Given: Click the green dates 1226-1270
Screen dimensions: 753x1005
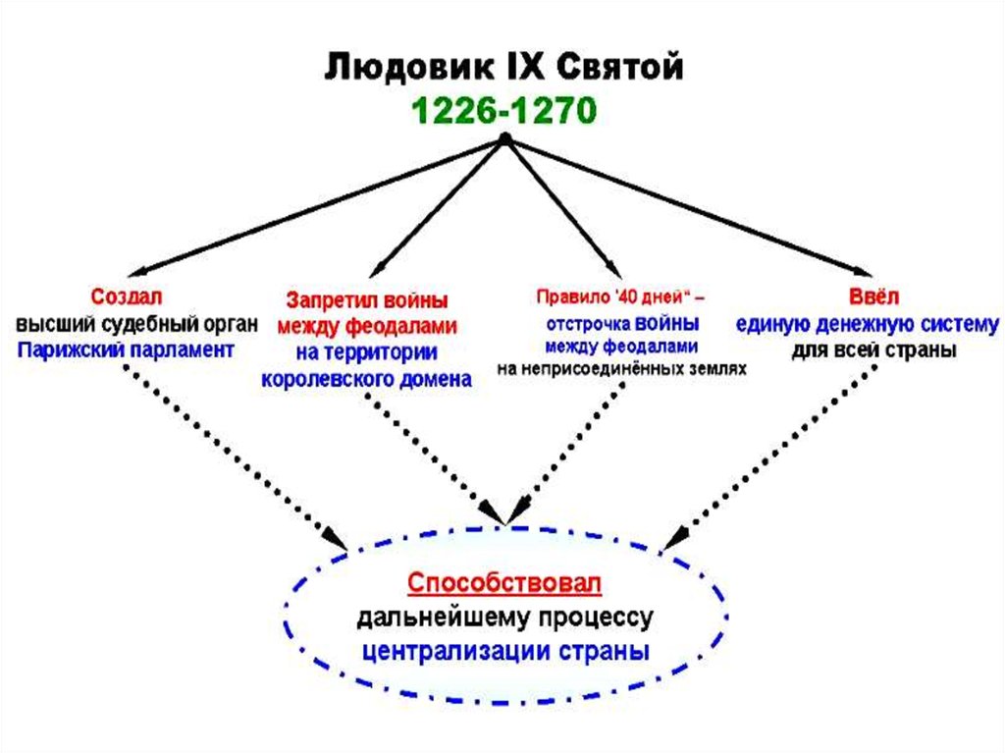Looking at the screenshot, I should click(502, 109).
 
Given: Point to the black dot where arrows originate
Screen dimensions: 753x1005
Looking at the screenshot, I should click(505, 139).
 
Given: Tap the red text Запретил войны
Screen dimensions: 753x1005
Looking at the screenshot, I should click(367, 298).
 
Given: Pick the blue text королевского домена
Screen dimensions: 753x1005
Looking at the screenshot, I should click(367, 380).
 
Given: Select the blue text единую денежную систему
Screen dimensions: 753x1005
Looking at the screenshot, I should click(867, 323).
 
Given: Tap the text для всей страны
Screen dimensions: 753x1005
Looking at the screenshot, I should click(873, 350).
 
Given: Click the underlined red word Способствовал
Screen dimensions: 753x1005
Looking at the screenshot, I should click(504, 583).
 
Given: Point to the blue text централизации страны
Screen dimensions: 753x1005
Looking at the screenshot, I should click(504, 650).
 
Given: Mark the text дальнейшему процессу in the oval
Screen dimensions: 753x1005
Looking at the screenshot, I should click(504, 618).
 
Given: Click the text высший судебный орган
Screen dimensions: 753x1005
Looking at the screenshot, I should click(136, 323).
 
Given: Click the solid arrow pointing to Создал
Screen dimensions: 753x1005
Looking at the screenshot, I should click(314, 207).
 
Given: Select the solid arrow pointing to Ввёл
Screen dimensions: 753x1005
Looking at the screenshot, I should click(687, 207).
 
